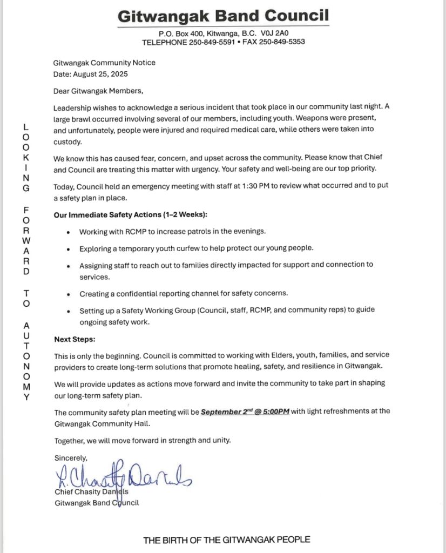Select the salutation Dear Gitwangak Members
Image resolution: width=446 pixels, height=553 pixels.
[x=99, y=91]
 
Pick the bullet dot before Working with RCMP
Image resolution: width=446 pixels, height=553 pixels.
[x=67, y=232]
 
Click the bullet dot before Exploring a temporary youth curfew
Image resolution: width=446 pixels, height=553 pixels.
[x=67, y=249]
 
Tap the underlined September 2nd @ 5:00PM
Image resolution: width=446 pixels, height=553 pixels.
[x=246, y=412]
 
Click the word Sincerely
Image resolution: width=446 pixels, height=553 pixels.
[x=71, y=457]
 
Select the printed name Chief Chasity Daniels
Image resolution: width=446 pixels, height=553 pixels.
[x=92, y=492]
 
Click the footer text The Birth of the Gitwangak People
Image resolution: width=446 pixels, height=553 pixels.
[x=226, y=539]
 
